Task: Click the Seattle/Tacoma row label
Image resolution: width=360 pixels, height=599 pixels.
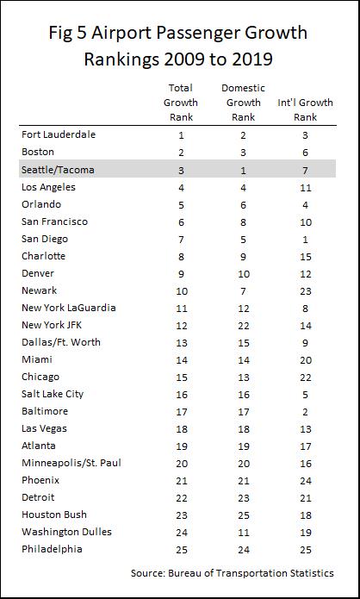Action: click(x=58, y=170)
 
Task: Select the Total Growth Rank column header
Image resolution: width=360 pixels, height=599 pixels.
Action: click(x=181, y=103)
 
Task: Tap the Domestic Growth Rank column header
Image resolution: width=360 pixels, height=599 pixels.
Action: click(x=243, y=103)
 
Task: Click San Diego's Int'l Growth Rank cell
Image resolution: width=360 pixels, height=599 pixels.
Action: click(x=305, y=240)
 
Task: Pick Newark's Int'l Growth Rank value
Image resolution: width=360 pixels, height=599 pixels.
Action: click(x=306, y=291)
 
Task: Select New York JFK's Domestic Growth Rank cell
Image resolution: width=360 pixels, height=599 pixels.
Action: click(x=244, y=326)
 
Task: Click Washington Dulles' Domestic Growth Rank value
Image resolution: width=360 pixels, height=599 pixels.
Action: click(x=244, y=532)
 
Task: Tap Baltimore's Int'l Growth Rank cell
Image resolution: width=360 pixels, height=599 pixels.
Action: click(x=305, y=412)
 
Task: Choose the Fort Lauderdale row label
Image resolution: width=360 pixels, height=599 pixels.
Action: click(x=59, y=134)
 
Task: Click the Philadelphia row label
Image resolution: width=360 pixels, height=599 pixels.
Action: click(x=52, y=549)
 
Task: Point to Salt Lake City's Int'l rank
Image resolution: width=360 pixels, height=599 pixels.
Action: click(x=305, y=395)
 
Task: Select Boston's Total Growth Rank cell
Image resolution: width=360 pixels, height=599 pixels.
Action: click(x=181, y=153)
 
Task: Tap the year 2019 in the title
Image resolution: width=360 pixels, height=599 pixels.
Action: click(x=251, y=59)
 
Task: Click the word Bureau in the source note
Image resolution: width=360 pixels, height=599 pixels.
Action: click(x=183, y=573)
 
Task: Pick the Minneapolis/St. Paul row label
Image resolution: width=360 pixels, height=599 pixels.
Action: click(x=71, y=463)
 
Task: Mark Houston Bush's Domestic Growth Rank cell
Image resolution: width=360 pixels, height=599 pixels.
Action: click(x=244, y=515)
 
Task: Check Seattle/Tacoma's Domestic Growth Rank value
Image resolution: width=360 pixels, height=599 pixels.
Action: click(x=243, y=170)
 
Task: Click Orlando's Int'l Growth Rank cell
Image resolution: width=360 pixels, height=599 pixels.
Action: click(x=305, y=205)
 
